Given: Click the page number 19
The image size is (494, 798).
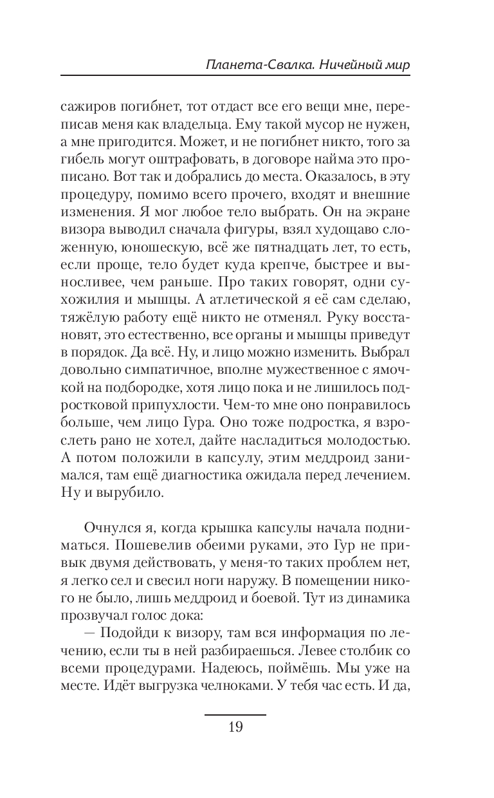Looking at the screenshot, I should point(235,728).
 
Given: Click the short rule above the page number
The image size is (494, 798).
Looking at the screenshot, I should point(235,714).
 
